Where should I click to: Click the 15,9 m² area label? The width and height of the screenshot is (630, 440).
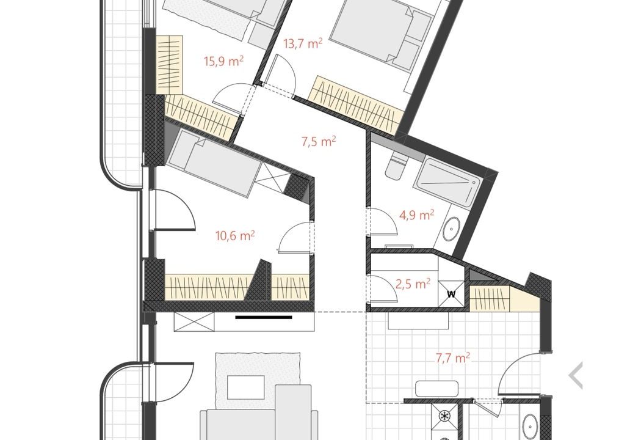click(x=224, y=61)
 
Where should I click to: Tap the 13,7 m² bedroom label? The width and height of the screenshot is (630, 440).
click(x=303, y=43)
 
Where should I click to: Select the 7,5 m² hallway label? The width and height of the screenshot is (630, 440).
click(x=319, y=141)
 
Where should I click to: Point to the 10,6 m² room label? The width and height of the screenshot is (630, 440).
click(x=235, y=235)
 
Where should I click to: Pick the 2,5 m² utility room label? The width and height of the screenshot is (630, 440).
click(x=413, y=284)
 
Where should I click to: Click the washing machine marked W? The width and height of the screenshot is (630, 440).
click(x=451, y=294)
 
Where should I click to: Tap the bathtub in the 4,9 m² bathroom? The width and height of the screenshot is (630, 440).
click(x=449, y=182)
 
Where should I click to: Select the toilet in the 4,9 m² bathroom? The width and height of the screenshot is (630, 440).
click(x=396, y=165)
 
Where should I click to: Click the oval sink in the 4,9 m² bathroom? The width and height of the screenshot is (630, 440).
click(x=452, y=229)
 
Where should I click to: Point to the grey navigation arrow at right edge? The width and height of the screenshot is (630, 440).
click(x=576, y=375)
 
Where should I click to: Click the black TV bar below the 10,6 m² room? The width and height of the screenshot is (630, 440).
click(x=264, y=317)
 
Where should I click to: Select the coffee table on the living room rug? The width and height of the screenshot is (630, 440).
click(x=245, y=387)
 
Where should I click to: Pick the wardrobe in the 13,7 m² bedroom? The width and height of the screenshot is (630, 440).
click(x=355, y=105)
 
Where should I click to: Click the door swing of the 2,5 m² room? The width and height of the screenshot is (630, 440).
click(x=384, y=289)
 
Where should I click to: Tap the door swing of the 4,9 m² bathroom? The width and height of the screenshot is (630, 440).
click(x=384, y=221)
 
